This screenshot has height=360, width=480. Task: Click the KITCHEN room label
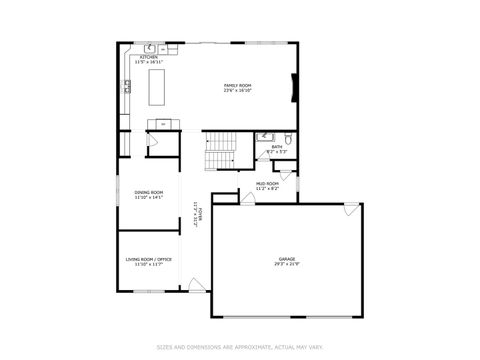pyautogui.click(x=149, y=57)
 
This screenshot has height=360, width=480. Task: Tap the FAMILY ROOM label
pyautogui.click(x=237, y=85)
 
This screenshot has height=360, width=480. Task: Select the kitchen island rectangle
pyautogui.click(x=156, y=89)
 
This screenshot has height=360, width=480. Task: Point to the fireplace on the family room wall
pyautogui.click(x=293, y=88)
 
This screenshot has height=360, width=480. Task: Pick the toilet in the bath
pyautogui.click(x=286, y=139)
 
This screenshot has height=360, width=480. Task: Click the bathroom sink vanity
pyautogui.click(x=265, y=138)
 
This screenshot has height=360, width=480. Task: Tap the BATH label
pyautogui.click(x=277, y=147)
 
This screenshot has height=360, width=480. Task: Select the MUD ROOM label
pyautogui.click(x=267, y=183)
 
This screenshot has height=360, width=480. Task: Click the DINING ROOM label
pyautogui.click(x=149, y=191)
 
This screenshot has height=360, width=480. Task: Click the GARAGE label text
pyautogui.click(x=287, y=259)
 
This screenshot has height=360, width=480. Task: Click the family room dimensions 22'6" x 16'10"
pyautogui.click(x=237, y=90)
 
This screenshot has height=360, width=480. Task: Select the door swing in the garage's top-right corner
pyautogui.click(x=350, y=210)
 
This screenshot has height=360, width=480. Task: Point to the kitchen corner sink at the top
pyautogui.click(x=148, y=47)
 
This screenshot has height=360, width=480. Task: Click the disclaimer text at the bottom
pyautogui.click(x=239, y=348)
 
